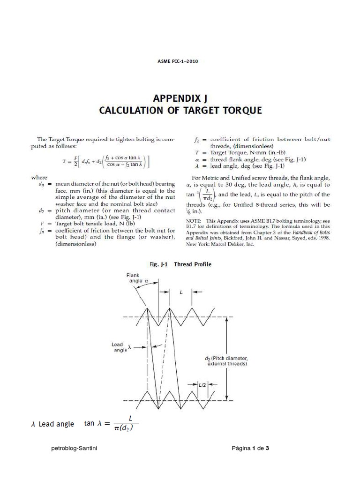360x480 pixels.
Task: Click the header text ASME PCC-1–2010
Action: (x=180, y=61)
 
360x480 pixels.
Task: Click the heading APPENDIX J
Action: (x=180, y=98)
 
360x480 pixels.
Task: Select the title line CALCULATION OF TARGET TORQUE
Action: (x=180, y=111)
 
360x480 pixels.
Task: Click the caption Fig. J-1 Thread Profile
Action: (x=180, y=264)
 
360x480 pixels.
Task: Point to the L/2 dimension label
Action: (x=202, y=385)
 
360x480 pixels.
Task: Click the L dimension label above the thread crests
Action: (x=181, y=292)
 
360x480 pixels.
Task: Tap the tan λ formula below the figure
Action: (x=112, y=423)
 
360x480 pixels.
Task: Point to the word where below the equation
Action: (x=39, y=178)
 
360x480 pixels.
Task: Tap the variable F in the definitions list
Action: (x=42, y=224)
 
